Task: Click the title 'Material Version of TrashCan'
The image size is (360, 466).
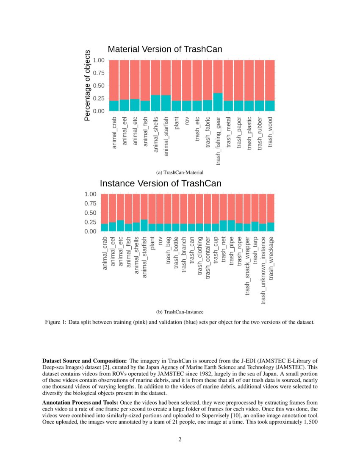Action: click(x=165, y=50)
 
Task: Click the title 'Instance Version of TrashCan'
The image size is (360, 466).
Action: click(x=160, y=184)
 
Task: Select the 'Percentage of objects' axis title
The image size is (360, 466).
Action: click(x=87, y=86)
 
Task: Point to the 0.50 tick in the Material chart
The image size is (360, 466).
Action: click(x=98, y=86)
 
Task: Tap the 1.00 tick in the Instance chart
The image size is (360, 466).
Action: click(x=91, y=194)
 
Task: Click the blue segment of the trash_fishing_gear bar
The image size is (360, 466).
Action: click(x=218, y=102)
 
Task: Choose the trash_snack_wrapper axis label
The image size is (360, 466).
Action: click(x=247, y=265)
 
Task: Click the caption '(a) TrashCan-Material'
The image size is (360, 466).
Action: click(x=180, y=172)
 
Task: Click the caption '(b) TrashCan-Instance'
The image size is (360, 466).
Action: click(x=180, y=312)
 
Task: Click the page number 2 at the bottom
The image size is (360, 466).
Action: click(x=180, y=439)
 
